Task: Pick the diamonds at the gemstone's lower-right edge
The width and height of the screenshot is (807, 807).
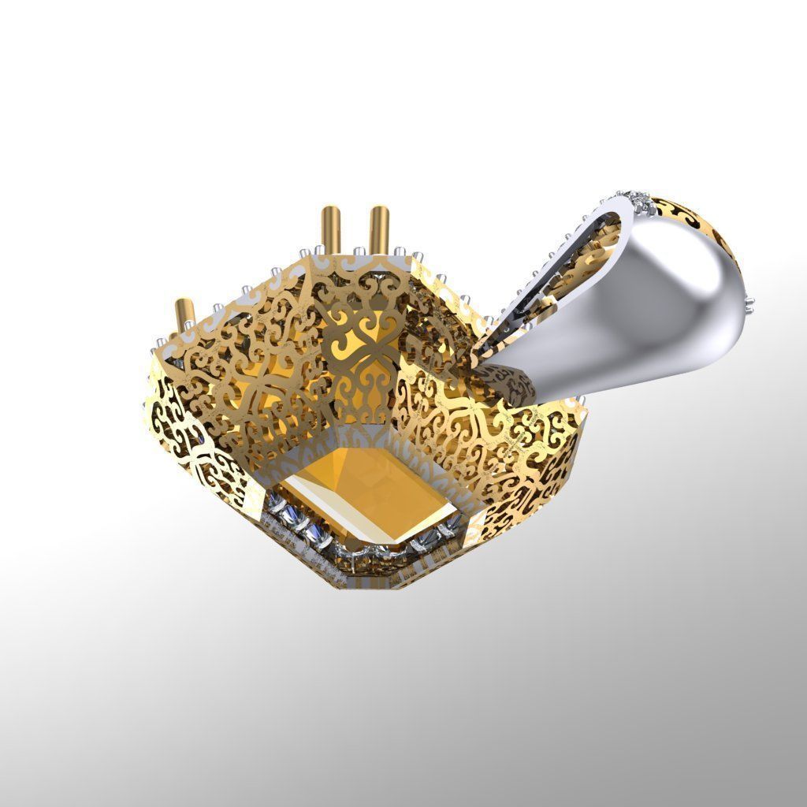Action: (430, 540)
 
